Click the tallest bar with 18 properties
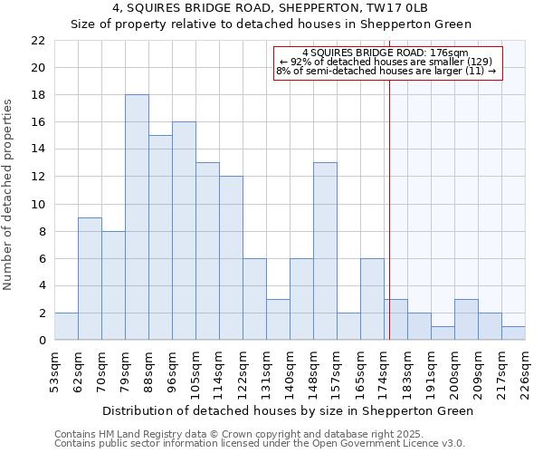pos(137,217)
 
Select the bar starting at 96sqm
pos(184,231)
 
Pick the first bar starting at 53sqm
pos(66,326)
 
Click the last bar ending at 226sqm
pos(513,333)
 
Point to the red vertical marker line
pos(389,226)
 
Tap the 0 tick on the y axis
pos(42,340)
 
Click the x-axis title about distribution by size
pos(288,410)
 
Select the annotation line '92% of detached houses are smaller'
pos(386,62)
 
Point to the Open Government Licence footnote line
pos(260,444)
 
